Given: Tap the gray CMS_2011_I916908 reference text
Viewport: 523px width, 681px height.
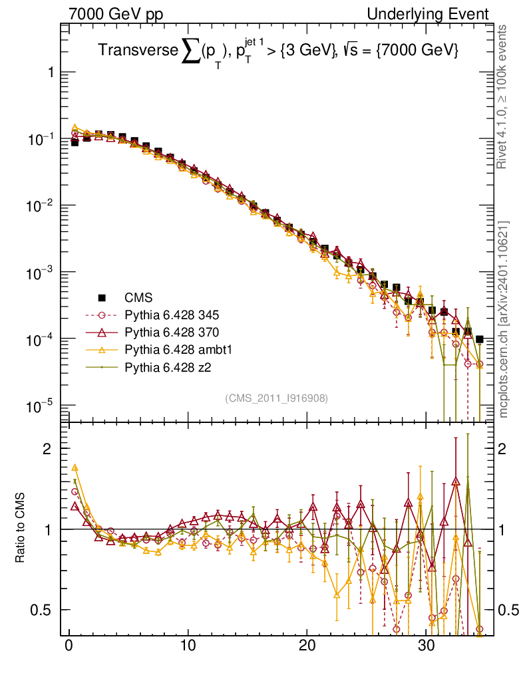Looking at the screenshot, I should pos(277,398).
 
